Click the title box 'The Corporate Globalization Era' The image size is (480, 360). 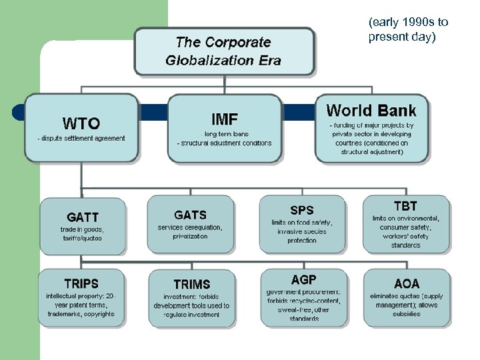pyautogui.click(x=224, y=51)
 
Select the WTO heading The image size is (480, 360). pyautogui.click(x=81, y=123)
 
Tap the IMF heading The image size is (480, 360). pyautogui.click(x=224, y=119)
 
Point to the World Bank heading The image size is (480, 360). pyautogui.click(x=371, y=111)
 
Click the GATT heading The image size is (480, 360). pyautogui.click(x=83, y=217)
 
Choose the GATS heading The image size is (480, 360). pyautogui.click(x=190, y=215)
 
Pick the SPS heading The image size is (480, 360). pyautogui.click(x=301, y=211)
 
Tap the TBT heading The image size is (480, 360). pyautogui.click(x=405, y=206)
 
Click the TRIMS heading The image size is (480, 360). pyautogui.click(x=191, y=284)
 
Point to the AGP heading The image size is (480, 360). pyautogui.click(x=303, y=279)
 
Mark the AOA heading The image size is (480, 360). pyautogui.click(x=407, y=283)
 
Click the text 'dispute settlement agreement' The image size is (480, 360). pyautogui.click(x=81, y=138)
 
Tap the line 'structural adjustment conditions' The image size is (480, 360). pyautogui.click(x=225, y=143)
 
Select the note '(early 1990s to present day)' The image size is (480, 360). pyautogui.click(x=408, y=30)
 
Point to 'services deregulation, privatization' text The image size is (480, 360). pyautogui.click(x=190, y=231)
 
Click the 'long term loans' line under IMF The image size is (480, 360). pyautogui.click(x=224, y=135)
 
